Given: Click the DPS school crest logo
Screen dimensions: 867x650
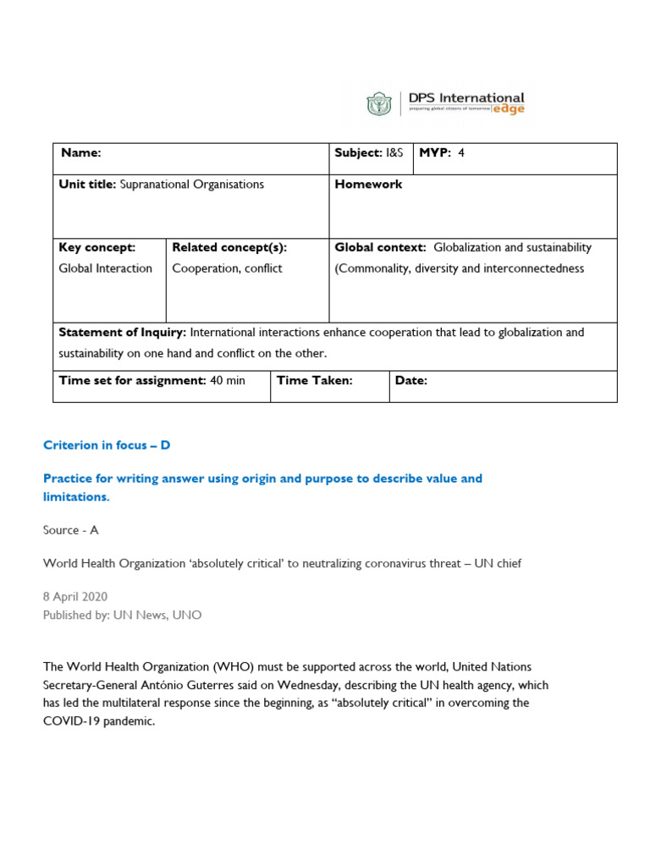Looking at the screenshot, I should pyautogui.click(x=378, y=104).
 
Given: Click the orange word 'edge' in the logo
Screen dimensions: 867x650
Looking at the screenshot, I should pyautogui.click(x=510, y=110).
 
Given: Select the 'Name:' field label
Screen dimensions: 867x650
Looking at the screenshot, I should pyautogui.click(x=80, y=153).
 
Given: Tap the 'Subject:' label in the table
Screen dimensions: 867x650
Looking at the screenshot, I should pyautogui.click(x=358, y=153).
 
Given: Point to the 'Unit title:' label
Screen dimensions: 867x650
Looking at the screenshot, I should pyautogui.click(x=87, y=185).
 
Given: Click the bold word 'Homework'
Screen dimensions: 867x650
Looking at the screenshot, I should pyautogui.click(x=368, y=185).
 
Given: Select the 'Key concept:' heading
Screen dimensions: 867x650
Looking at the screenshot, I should pyautogui.click(x=96, y=248).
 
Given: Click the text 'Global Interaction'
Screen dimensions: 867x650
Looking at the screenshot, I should pyautogui.click(x=105, y=268).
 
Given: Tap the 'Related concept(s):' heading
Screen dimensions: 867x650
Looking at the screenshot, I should pyautogui.click(x=229, y=248).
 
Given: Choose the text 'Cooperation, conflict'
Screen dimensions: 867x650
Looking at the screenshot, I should pyautogui.click(x=227, y=268).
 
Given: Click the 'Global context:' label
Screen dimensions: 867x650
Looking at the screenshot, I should pyautogui.click(x=381, y=248).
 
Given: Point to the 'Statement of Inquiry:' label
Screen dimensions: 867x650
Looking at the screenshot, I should pyautogui.click(x=122, y=333).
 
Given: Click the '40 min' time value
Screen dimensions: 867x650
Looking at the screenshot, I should pyautogui.click(x=228, y=381).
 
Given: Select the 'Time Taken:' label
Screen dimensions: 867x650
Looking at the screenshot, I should pyautogui.click(x=314, y=381).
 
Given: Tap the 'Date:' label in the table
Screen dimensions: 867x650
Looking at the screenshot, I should pyautogui.click(x=411, y=381).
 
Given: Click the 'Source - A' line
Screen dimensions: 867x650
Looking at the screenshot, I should pyautogui.click(x=71, y=530).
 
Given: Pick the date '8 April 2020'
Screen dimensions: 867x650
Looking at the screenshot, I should pyautogui.click(x=75, y=597).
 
